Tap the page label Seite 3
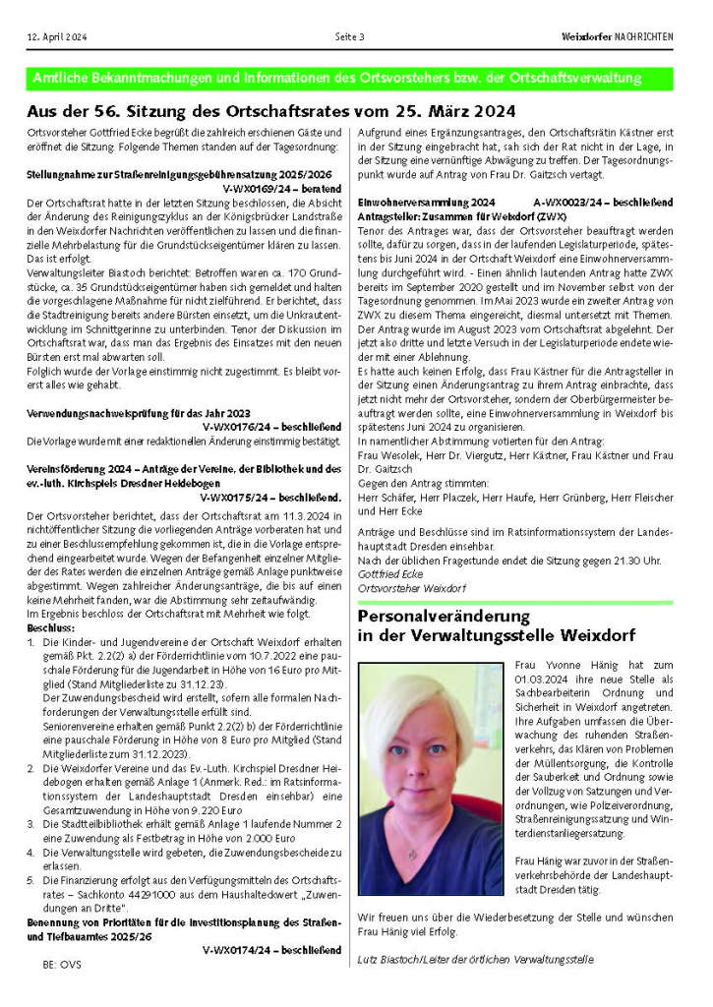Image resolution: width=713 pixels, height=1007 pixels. pos(350,36)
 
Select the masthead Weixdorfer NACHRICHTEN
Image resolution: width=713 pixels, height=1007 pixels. pos(617,36)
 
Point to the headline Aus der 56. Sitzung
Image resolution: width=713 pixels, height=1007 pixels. pos(270,112)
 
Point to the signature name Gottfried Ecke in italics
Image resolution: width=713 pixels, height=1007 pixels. pos(389,573)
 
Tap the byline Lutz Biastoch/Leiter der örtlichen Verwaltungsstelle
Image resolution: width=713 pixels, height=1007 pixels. pos(476,958)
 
